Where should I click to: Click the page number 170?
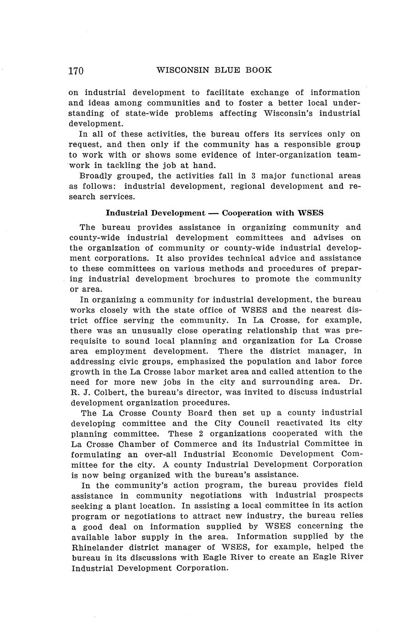(x=76, y=71)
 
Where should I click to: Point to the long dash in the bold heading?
(x=213, y=213)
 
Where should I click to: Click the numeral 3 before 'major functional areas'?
(x=254, y=176)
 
